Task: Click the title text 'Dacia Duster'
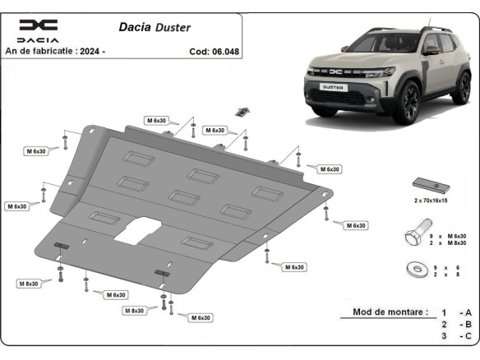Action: [160, 27]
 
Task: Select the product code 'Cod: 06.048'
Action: [215, 51]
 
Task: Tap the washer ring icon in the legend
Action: [415, 270]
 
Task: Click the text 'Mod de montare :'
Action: [390, 312]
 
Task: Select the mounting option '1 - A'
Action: [456, 313]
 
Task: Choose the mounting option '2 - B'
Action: [456, 325]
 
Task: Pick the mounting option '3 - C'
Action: [456, 336]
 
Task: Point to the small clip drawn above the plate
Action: [242, 111]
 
